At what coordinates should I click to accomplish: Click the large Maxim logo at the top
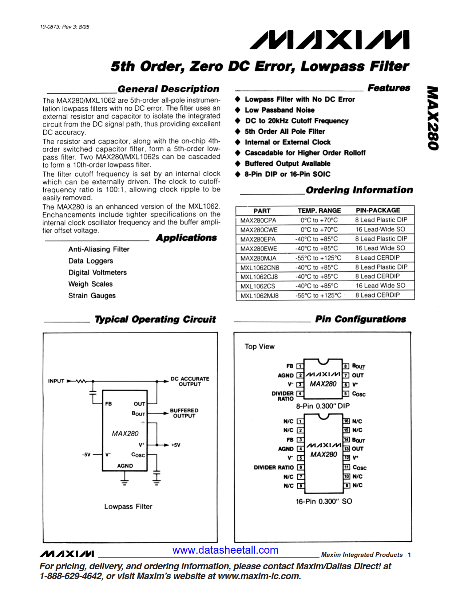329,40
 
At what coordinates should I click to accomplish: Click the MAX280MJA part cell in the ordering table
258,258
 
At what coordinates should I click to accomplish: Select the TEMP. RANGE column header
319,211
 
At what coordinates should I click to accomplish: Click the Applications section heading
186,238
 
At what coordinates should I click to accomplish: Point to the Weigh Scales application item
90,284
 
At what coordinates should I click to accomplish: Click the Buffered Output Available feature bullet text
287,164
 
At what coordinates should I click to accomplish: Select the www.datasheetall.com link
225,550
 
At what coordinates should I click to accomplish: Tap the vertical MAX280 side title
433,118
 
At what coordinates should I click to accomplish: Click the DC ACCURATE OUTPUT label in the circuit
190,381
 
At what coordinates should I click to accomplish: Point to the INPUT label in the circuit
56,381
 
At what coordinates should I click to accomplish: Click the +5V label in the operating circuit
175,445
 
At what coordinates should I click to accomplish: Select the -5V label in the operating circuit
86,455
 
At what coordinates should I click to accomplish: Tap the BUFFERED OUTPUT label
184,413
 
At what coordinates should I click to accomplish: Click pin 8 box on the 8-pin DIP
346,366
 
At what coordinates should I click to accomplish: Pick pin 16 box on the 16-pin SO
346,421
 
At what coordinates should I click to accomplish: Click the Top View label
259,347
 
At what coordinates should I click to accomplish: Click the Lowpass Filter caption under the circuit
128,507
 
